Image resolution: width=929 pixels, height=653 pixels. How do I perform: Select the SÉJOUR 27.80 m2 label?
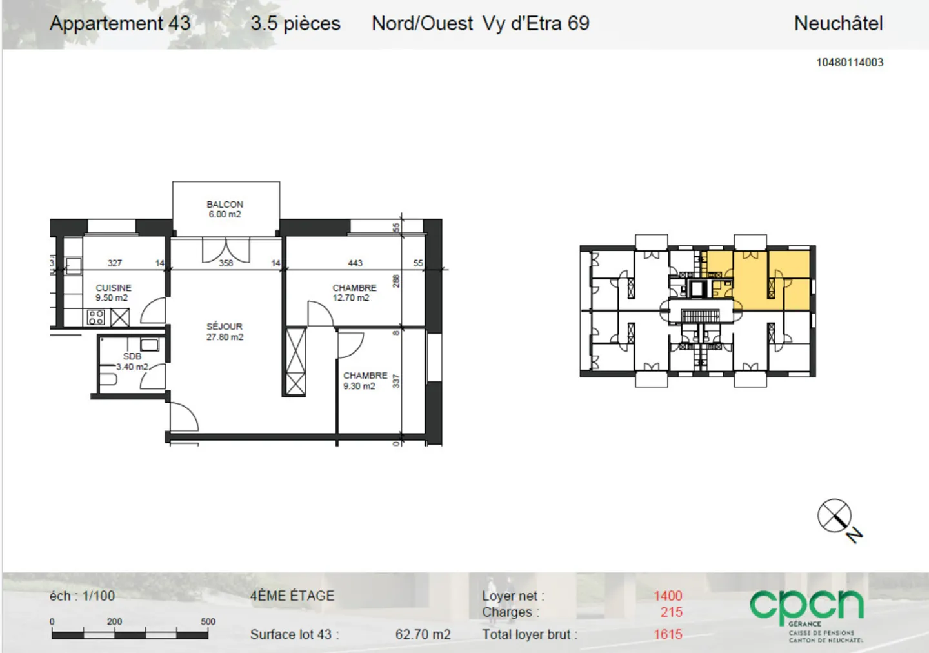(x=225, y=332)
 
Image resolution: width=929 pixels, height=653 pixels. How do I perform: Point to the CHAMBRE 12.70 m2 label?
(x=354, y=292)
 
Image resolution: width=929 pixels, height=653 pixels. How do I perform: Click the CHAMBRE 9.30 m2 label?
(x=365, y=380)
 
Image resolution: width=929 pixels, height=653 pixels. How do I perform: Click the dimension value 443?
(x=355, y=263)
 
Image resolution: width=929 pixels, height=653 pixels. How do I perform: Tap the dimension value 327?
(x=115, y=263)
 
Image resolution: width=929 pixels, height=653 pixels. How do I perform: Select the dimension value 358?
(x=226, y=263)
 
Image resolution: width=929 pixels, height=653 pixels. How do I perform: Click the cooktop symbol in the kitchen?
(x=95, y=317)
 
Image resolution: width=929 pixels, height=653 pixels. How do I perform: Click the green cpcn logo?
(x=806, y=607)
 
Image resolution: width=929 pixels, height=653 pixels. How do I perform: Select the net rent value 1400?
(x=667, y=596)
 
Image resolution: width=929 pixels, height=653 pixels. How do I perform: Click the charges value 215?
(x=671, y=612)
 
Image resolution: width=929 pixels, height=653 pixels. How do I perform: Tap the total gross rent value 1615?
(x=667, y=634)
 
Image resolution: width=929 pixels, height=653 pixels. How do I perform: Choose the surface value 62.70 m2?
(x=423, y=634)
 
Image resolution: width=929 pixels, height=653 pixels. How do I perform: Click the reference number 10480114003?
(x=850, y=63)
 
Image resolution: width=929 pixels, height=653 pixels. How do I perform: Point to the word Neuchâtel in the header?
(x=838, y=23)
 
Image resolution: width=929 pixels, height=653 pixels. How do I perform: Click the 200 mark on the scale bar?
(x=114, y=621)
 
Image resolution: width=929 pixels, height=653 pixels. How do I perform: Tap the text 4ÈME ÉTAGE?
(x=292, y=596)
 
